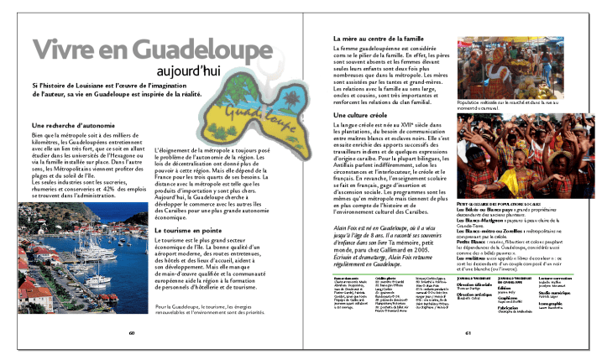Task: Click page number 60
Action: [x=132, y=331]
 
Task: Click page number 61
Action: [x=468, y=331]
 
